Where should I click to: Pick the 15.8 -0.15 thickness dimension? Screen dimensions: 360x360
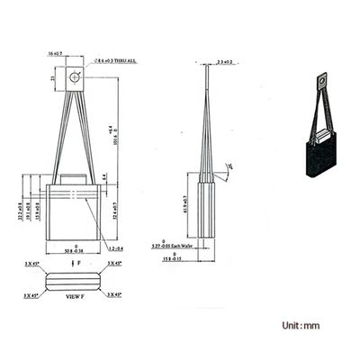tap(206, 257)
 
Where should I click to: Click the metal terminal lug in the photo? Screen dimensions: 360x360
tap(323, 84)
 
